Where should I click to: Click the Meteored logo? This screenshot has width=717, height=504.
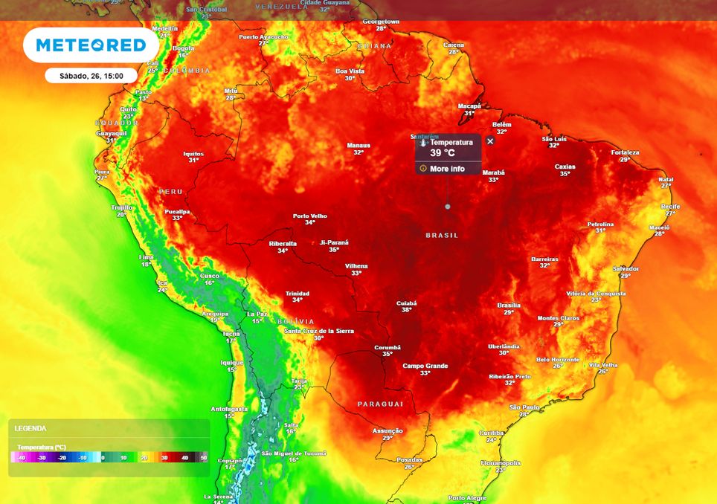click(91, 45)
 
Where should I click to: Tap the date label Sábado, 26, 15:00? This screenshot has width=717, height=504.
click(91, 75)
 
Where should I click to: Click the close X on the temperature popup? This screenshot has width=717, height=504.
click(490, 141)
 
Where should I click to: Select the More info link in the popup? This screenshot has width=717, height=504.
click(446, 169)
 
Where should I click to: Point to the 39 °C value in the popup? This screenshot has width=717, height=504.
click(443, 153)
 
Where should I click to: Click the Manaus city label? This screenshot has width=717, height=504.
click(358, 145)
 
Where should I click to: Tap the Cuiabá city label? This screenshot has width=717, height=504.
click(406, 303)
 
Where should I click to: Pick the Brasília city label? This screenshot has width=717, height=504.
click(509, 305)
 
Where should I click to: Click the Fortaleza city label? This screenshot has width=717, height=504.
click(625, 152)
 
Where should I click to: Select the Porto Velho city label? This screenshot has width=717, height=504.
click(309, 216)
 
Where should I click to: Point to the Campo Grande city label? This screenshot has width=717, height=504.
click(425, 366)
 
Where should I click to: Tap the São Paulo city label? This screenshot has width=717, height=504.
click(524, 407)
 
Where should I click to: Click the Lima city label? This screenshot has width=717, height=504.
click(146, 256)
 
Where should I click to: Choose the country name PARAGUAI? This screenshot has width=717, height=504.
click(380, 404)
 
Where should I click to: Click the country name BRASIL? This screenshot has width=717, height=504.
click(443, 235)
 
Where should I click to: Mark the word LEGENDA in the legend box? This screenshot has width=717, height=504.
click(30, 428)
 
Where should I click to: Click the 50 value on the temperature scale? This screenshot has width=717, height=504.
click(204, 458)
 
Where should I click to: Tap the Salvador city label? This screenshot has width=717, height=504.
click(626, 268)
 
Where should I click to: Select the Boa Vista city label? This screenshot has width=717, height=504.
click(350, 71)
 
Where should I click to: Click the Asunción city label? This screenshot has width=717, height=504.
click(388, 430)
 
